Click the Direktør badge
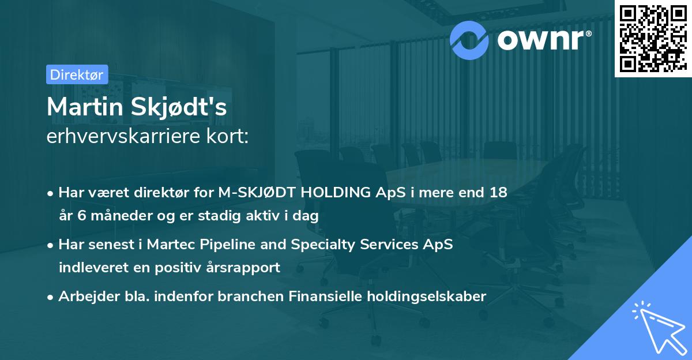tap(77, 74)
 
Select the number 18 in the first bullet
tap(499, 193)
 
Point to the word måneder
tap(115, 216)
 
